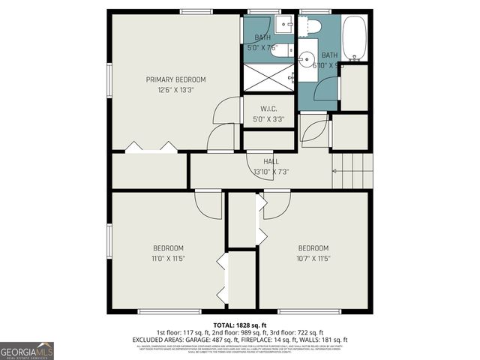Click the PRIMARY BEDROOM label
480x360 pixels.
click(x=175, y=79)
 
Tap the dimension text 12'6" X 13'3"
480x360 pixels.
click(x=175, y=91)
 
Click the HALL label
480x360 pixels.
click(x=271, y=161)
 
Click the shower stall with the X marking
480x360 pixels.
click(x=268, y=77)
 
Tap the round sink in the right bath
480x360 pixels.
click(x=307, y=58)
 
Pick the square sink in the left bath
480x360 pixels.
click(x=283, y=25)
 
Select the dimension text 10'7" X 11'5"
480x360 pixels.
click(x=313, y=259)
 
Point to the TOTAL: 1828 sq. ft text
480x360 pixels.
click(x=239, y=325)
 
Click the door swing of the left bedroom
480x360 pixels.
click(x=210, y=204)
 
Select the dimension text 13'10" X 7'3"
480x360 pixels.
click(x=271, y=172)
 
